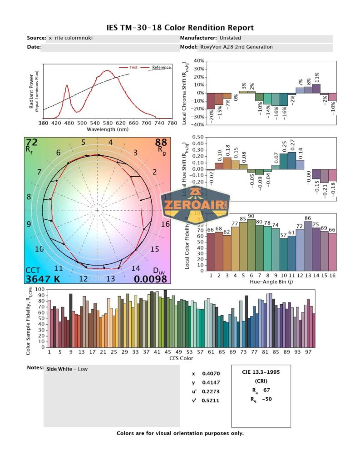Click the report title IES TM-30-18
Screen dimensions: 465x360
(x=180, y=28)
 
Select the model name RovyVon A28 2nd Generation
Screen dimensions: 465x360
(x=236, y=47)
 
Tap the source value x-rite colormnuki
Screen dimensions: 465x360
(x=70, y=38)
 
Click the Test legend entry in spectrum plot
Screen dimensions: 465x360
(x=133, y=67)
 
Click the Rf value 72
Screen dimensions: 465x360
(x=32, y=143)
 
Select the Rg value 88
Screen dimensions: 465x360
(x=161, y=143)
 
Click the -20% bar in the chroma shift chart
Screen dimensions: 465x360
(x=210, y=101)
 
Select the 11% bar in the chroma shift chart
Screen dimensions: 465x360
(x=316, y=89)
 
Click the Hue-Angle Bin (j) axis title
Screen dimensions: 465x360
(x=271, y=282)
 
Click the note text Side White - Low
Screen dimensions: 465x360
(x=67, y=369)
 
